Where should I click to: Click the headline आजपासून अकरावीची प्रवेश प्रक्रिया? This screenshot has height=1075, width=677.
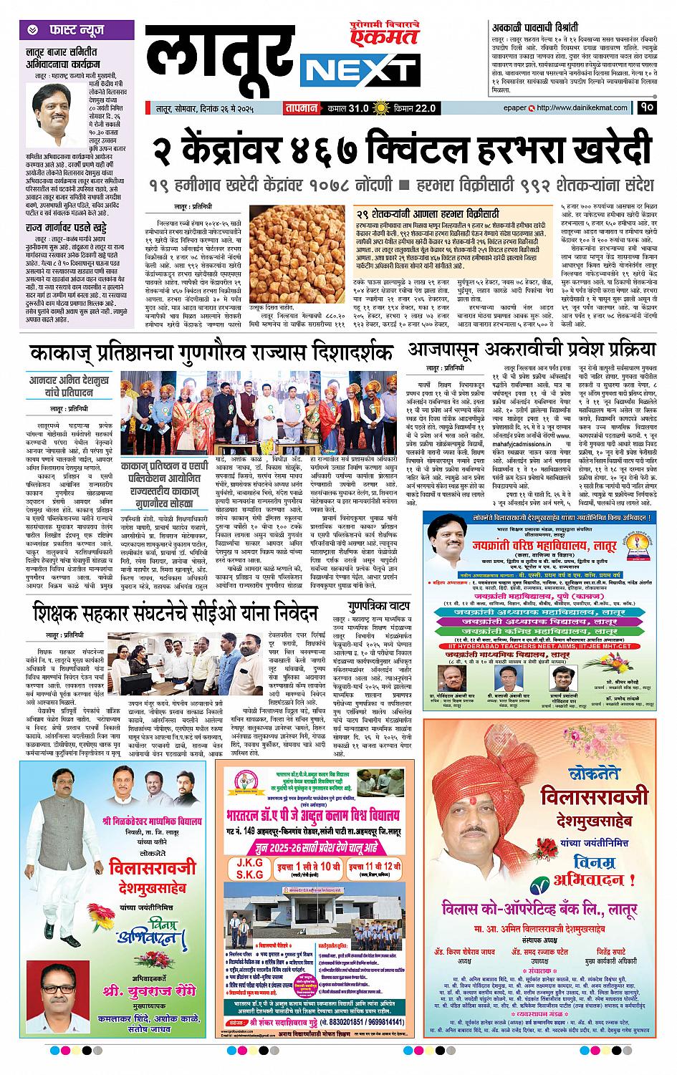[x=532, y=350]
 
